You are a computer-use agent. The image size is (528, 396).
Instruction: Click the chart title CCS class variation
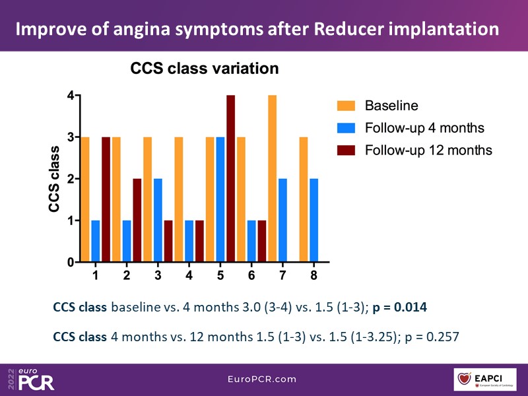click(x=204, y=69)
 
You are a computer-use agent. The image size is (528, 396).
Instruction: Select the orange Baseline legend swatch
click(x=345, y=106)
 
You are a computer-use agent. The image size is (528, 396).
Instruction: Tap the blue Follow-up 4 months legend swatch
click(x=345, y=127)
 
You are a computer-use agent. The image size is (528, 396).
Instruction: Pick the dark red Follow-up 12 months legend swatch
click(x=345, y=150)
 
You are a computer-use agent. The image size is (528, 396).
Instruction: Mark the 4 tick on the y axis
click(x=71, y=96)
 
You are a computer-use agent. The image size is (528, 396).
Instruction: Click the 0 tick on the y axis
click(x=71, y=262)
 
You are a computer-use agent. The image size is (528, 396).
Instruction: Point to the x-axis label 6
click(x=251, y=275)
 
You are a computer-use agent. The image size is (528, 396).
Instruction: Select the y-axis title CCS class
click(x=55, y=178)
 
